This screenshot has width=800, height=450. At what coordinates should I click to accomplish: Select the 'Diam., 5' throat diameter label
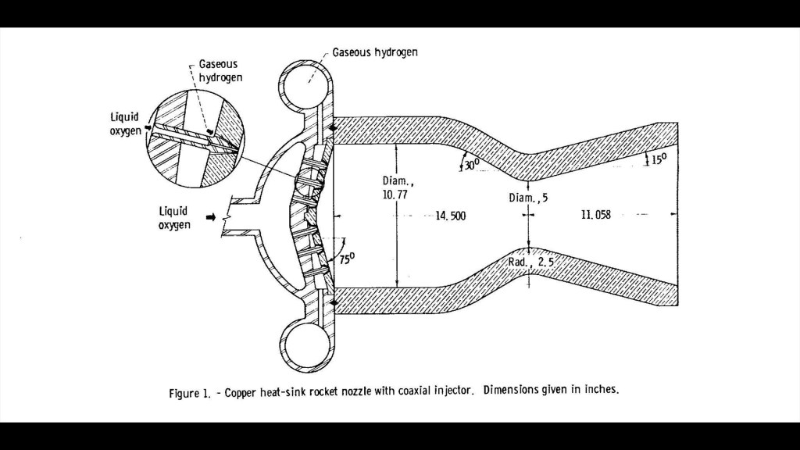point(528,198)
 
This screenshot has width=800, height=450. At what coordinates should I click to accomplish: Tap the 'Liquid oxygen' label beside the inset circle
point(125,123)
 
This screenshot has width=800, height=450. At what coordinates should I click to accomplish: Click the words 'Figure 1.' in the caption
point(191,393)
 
